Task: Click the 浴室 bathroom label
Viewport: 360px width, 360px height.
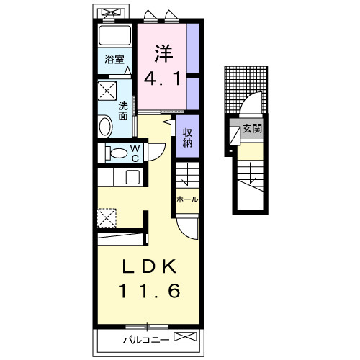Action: click(114, 59)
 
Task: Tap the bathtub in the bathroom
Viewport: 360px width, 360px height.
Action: click(115, 35)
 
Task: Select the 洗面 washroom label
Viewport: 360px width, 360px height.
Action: click(123, 111)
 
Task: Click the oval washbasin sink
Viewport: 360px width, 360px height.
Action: click(105, 126)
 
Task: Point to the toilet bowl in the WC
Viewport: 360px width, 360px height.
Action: click(119, 153)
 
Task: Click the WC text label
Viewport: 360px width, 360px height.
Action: click(135, 153)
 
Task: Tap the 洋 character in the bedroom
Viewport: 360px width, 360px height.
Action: click(163, 53)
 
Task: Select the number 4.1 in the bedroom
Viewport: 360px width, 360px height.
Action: click(162, 78)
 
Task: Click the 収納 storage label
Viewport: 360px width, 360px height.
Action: click(187, 138)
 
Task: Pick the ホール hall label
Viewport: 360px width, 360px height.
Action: click(187, 199)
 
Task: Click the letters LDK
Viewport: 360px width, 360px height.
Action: click(149, 266)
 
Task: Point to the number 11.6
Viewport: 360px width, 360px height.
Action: click(149, 290)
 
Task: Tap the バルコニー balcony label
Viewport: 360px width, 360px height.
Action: click(146, 340)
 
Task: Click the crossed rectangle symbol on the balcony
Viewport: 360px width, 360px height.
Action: click(185, 336)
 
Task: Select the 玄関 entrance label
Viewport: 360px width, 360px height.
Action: click(252, 129)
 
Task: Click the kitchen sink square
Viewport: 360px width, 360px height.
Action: click(132, 177)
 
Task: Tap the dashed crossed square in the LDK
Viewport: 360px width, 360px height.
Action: click(107, 218)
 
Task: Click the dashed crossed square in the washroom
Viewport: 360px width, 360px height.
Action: click(107, 91)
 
